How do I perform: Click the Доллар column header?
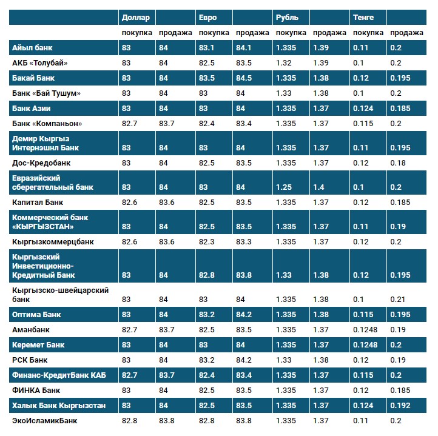tap(135, 18)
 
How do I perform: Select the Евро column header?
tap(207, 18)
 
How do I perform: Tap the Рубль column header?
tap(287, 18)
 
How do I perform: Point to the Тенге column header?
tap(363, 18)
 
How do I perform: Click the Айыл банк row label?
tap(33, 47)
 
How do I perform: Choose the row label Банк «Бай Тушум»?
tap(46, 93)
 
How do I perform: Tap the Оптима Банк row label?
tap(36, 315)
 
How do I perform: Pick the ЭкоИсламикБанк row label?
tap(45, 420)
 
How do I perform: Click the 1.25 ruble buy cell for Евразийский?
tap(285, 187)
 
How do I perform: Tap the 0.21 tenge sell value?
tap(397, 300)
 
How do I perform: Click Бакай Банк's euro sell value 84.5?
tap(244, 78)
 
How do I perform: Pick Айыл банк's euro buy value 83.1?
tap(207, 47)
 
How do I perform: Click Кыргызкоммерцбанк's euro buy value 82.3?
tap(207, 242)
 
